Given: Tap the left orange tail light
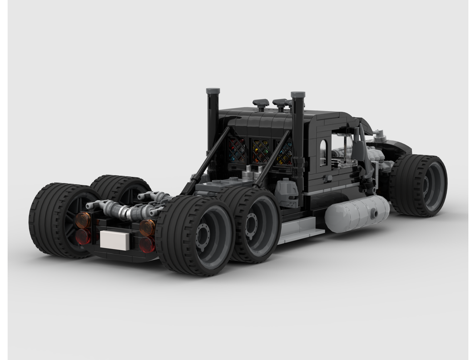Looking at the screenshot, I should coord(83,220).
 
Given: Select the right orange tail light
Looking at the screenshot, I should coord(148,227).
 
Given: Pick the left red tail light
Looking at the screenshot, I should coord(83,235).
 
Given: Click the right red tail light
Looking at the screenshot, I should coord(147,244).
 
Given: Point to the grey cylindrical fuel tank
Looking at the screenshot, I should coord(357,214).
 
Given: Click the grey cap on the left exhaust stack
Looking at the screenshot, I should coord(213,91).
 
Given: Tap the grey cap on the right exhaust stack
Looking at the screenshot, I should coord(298,94).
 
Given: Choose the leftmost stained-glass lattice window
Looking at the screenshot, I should coord(237,150).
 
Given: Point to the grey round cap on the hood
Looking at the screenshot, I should coord(379,136).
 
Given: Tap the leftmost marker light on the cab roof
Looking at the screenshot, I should coord(261,103).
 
